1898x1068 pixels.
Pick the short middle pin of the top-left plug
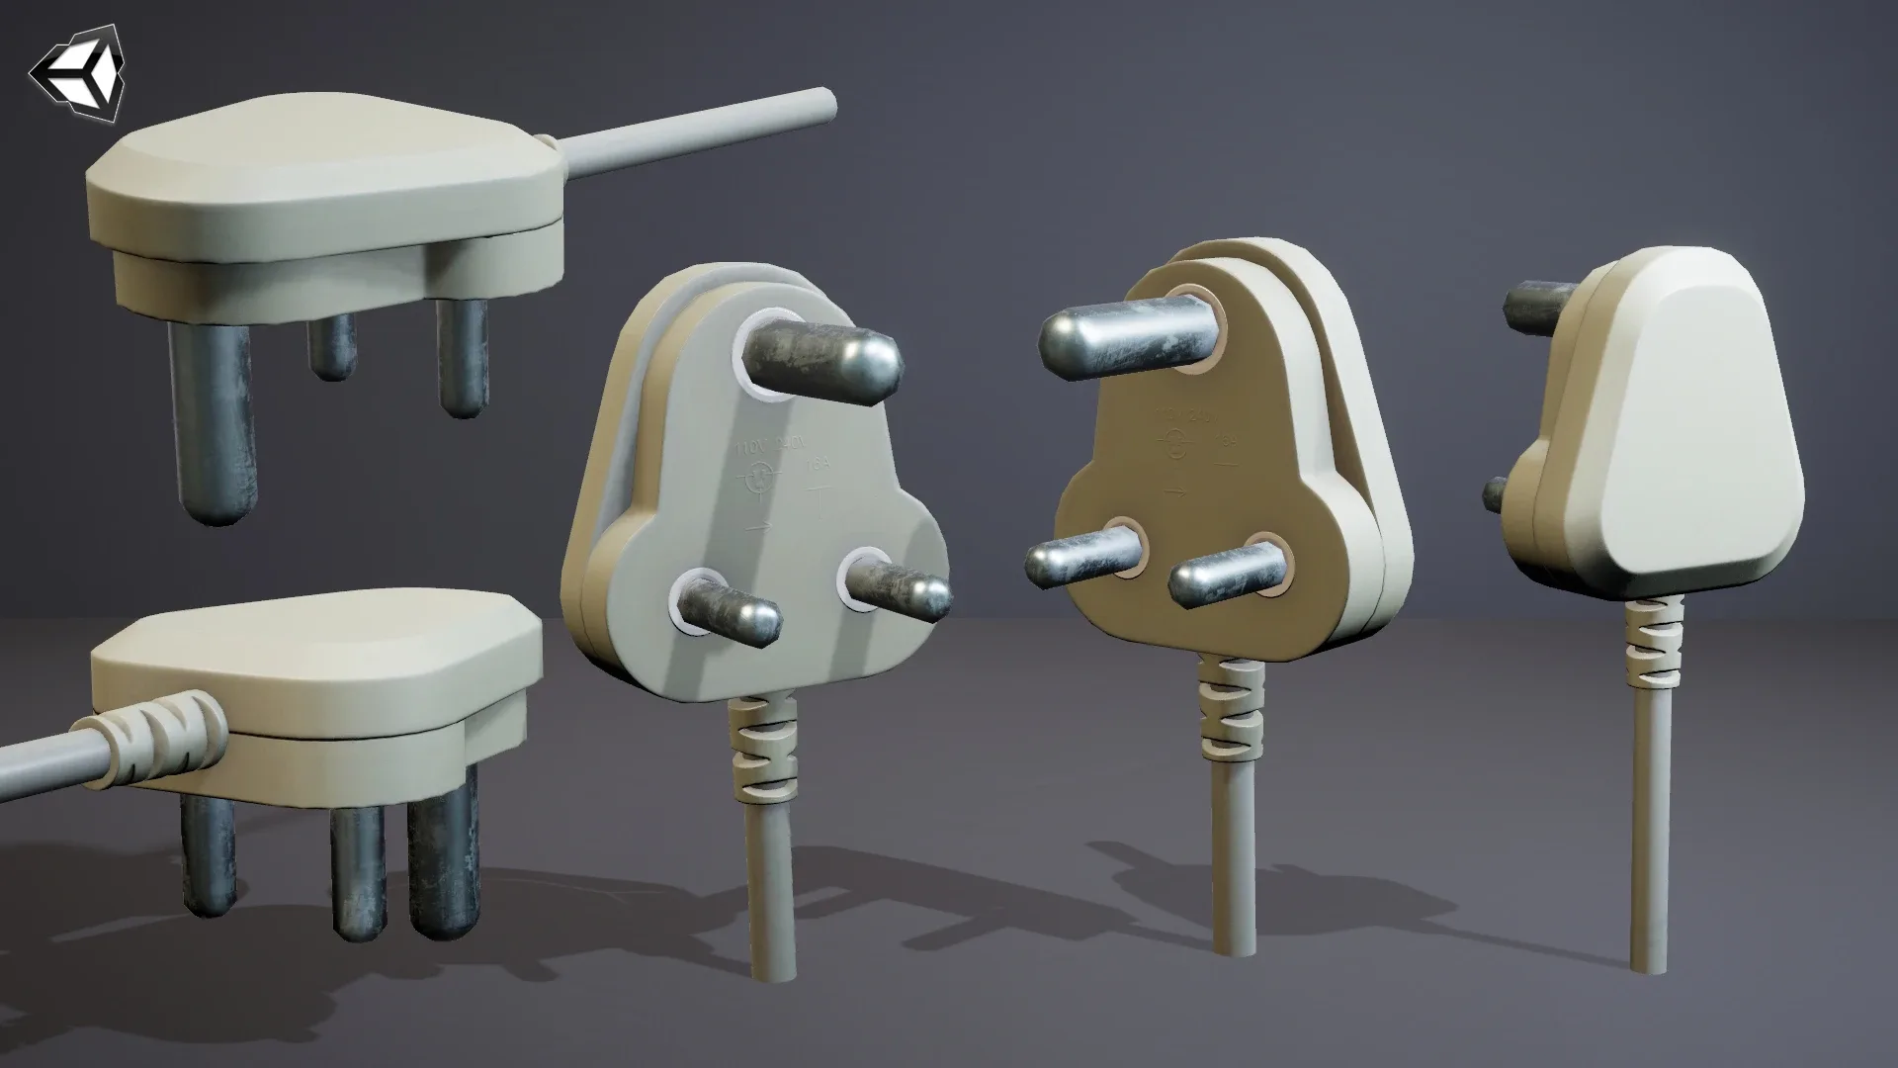click(x=331, y=346)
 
